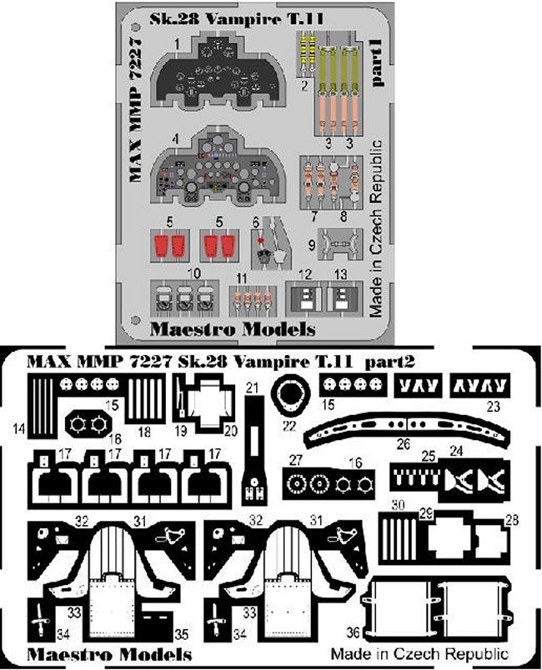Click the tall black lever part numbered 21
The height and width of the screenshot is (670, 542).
pyautogui.click(x=253, y=450)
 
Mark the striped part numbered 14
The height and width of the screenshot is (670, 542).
pyautogui.click(x=42, y=406)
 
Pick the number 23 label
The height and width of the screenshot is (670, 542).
pyautogui.click(x=493, y=408)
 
